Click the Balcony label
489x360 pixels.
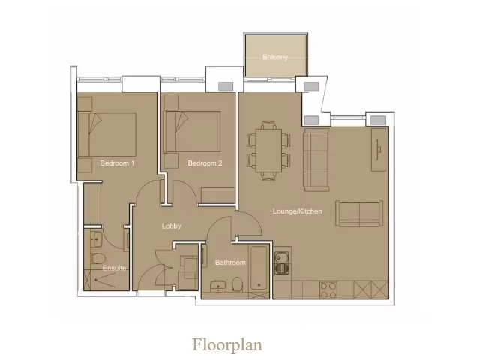tap(274, 58)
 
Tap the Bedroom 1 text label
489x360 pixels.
tap(117, 163)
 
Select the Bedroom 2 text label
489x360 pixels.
tap(205, 163)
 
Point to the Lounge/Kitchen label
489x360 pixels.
tap(297, 211)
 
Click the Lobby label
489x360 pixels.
tap(172, 226)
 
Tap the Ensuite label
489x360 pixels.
tap(114, 267)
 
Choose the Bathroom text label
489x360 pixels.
tap(230, 262)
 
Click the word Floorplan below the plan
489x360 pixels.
tap(227, 345)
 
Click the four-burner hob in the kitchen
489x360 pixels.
tap(328, 289)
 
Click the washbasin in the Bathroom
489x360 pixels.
tap(218, 286)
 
